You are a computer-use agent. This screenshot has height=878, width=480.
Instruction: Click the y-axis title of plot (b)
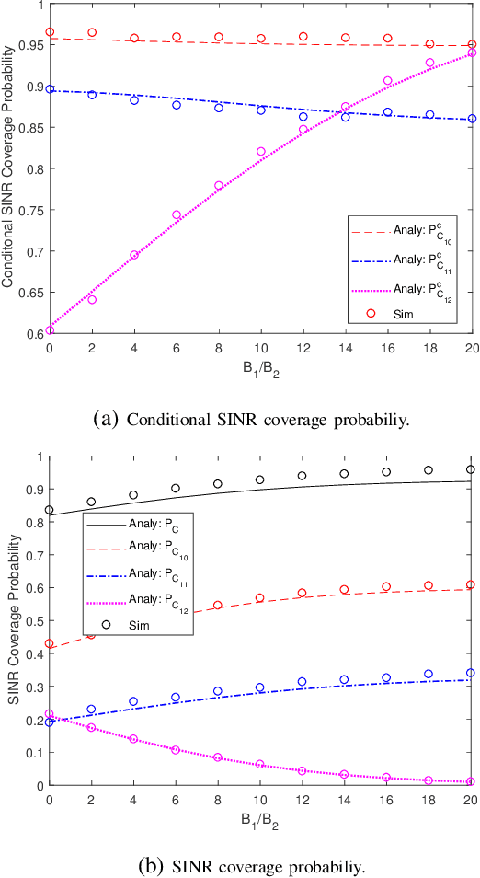pyautogui.click(x=13, y=621)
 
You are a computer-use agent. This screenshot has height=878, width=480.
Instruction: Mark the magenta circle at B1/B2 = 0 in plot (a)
pyautogui.click(x=50, y=330)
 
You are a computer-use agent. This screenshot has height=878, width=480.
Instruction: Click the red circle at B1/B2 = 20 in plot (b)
pyautogui.click(x=472, y=584)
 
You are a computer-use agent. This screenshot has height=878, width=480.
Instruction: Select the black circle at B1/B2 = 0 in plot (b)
pyautogui.click(x=50, y=510)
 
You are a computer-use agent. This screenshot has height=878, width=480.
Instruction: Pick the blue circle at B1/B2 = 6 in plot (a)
pyautogui.click(x=177, y=105)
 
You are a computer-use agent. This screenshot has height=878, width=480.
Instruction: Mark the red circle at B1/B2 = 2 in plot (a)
pyautogui.click(x=92, y=32)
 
